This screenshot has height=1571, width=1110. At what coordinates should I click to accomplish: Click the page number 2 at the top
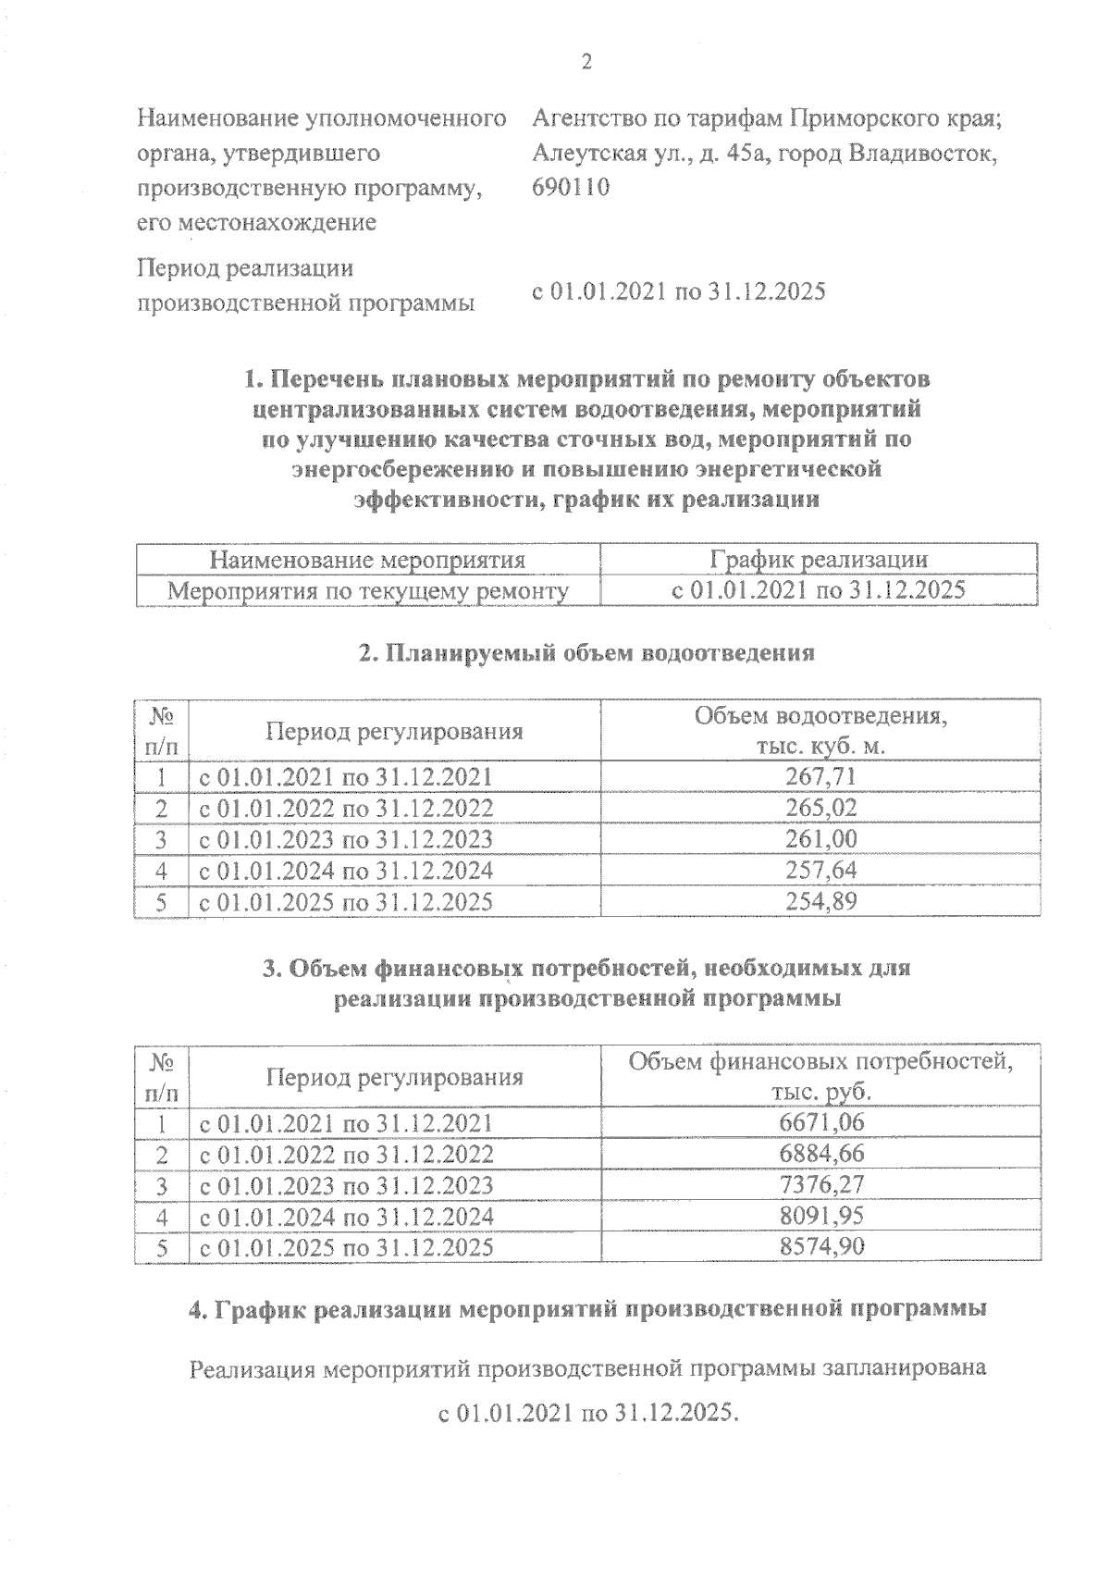click(585, 62)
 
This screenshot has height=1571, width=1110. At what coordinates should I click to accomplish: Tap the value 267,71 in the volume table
click(820, 776)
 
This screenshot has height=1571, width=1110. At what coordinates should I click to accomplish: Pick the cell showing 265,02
click(820, 808)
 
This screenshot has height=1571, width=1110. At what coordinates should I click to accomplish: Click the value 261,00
click(820, 839)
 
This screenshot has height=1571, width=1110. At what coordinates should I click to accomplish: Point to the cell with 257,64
click(820, 871)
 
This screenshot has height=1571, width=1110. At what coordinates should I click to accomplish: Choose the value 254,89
click(820, 902)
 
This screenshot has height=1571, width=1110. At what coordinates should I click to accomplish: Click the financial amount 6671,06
click(821, 1122)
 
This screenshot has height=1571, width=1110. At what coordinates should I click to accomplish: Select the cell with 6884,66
click(821, 1154)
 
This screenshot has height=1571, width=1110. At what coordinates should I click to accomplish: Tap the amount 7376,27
click(821, 1185)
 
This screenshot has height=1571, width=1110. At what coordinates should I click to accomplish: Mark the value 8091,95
click(821, 1217)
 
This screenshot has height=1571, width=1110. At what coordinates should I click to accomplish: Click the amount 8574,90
click(821, 1247)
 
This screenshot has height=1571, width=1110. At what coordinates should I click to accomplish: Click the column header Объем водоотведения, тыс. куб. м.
click(820, 732)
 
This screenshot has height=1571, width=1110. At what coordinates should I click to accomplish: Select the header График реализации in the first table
click(819, 560)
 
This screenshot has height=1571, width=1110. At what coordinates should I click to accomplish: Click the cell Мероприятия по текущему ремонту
click(367, 591)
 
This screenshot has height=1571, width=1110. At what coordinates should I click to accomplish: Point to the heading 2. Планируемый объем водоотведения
click(586, 653)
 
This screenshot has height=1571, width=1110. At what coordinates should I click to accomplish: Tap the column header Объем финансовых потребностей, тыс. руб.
click(820, 1076)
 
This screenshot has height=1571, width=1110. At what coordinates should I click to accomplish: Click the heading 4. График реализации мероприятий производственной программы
click(586, 1310)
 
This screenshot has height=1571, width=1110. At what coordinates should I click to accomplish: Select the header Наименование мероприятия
click(367, 560)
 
